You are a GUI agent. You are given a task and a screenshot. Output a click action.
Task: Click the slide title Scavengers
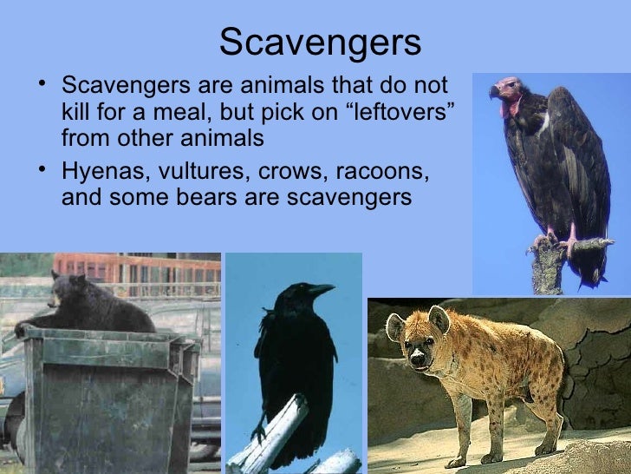pos(320,41)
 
